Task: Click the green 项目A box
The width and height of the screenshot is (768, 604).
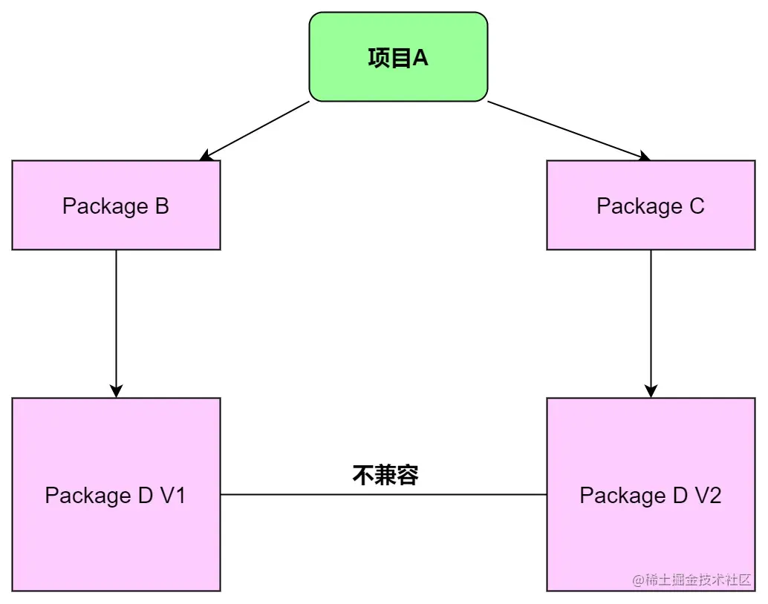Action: click(398, 56)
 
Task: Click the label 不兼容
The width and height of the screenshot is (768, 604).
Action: click(385, 475)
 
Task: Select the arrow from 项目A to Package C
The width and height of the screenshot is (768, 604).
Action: click(568, 130)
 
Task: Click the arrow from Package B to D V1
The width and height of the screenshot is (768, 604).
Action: click(116, 319)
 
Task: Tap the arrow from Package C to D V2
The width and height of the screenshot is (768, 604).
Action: click(651, 319)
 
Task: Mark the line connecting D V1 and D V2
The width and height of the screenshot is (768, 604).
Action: click(383, 494)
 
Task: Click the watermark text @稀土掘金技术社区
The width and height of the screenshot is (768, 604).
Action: click(692, 580)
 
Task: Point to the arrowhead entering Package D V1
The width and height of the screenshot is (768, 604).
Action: click(116, 390)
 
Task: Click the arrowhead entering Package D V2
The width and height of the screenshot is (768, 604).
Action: click(651, 390)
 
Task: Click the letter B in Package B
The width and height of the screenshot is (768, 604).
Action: click(162, 206)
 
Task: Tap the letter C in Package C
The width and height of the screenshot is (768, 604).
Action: click(696, 206)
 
